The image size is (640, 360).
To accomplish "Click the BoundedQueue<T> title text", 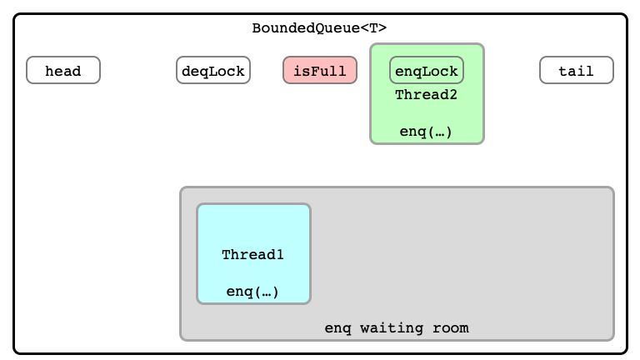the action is click(x=319, y=28).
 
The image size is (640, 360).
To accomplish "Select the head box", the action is click(x=63, y=70).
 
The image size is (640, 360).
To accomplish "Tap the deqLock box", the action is click(x=213, y=70).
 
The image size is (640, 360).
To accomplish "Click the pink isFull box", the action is click(x=320, y=70).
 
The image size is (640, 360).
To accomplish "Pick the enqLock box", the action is click(x=427, y=70).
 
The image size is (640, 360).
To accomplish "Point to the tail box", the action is click(x=577, y=70).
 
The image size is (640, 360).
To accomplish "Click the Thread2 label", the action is click(x=426, y=95).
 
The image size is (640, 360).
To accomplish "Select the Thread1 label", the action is click(x=252, y=255).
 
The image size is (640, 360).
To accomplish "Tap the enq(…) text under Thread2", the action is click(x=426, y=132).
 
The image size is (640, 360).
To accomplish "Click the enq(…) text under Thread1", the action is click(x=252, y=292).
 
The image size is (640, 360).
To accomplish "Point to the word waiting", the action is click(x=392, y=328).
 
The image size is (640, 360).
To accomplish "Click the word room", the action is click(x=451, y=328).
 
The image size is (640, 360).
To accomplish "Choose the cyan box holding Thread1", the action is click(x=254, y=254).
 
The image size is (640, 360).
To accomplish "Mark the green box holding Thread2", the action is click(x=427, y=94).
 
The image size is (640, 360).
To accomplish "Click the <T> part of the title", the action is click(x=373, y=28).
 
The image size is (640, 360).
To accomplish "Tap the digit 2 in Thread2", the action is click(x=453, y=95).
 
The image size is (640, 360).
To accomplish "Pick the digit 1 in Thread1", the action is click(x=280, y=255).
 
